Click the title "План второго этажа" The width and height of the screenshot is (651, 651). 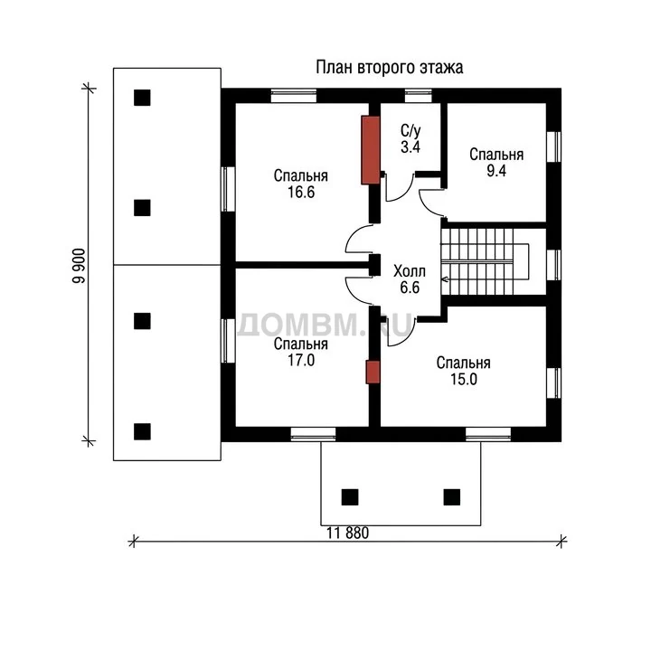coord(390,68)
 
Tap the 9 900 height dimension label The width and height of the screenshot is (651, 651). coord(79,266)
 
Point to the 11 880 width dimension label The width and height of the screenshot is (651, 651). coord(347,533)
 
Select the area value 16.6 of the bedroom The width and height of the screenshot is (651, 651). coord(301,193)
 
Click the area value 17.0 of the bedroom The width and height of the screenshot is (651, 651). coord(301,361)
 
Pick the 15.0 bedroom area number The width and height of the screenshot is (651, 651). coord(464,379)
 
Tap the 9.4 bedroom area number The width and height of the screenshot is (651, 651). coord(496,171)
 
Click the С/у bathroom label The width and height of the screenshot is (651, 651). coord(410,131)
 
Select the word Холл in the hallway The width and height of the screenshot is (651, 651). coord(410,271)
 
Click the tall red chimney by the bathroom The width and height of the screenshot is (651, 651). coord(371,150)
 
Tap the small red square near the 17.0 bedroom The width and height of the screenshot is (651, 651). coord(373,372)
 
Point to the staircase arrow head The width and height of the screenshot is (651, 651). coord(444,279)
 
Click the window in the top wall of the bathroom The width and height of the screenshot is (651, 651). coord(418,96)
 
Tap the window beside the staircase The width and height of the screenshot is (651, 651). coord(553,265)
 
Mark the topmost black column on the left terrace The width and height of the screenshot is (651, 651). coord(142,98)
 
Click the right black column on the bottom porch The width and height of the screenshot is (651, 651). coord(452,497)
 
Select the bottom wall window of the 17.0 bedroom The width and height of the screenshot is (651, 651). coord(313,434)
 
